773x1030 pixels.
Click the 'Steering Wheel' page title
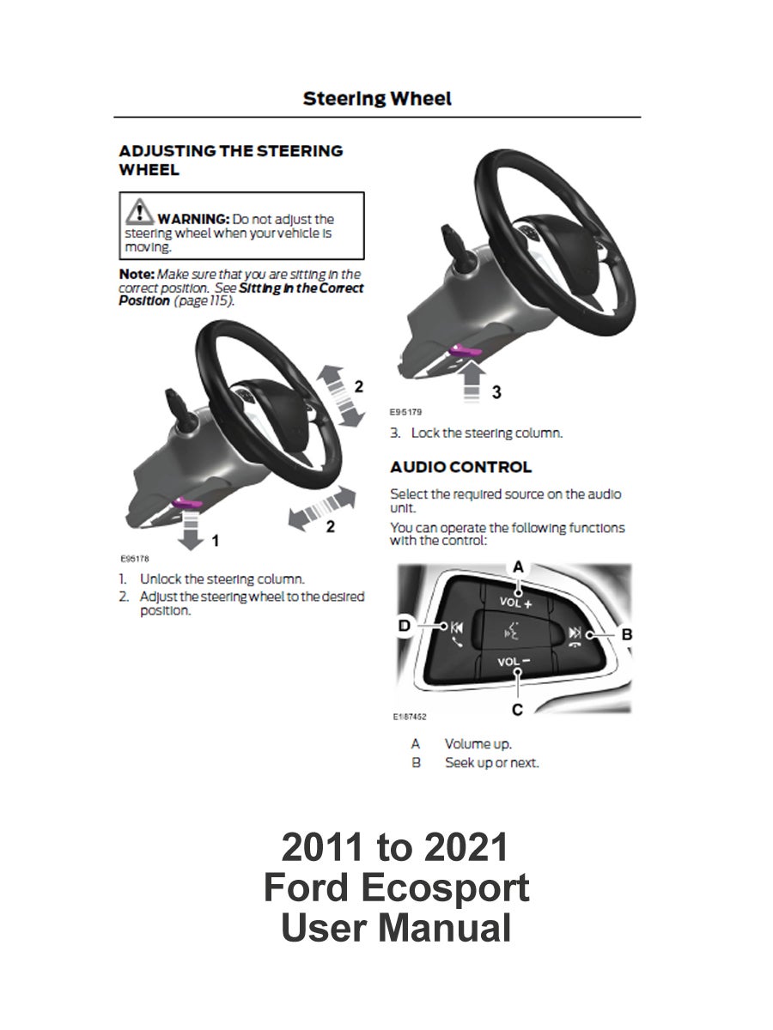377,99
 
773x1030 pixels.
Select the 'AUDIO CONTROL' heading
460,467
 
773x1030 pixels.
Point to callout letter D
405,627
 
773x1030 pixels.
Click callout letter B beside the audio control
626,634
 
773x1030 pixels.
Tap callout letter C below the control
518,709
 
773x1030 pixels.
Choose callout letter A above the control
518,566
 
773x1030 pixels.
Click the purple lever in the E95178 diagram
187,503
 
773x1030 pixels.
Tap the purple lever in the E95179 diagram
467,349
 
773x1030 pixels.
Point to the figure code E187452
411,715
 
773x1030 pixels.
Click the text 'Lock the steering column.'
487,433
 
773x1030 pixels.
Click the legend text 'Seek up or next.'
491,762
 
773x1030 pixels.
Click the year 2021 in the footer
466,848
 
